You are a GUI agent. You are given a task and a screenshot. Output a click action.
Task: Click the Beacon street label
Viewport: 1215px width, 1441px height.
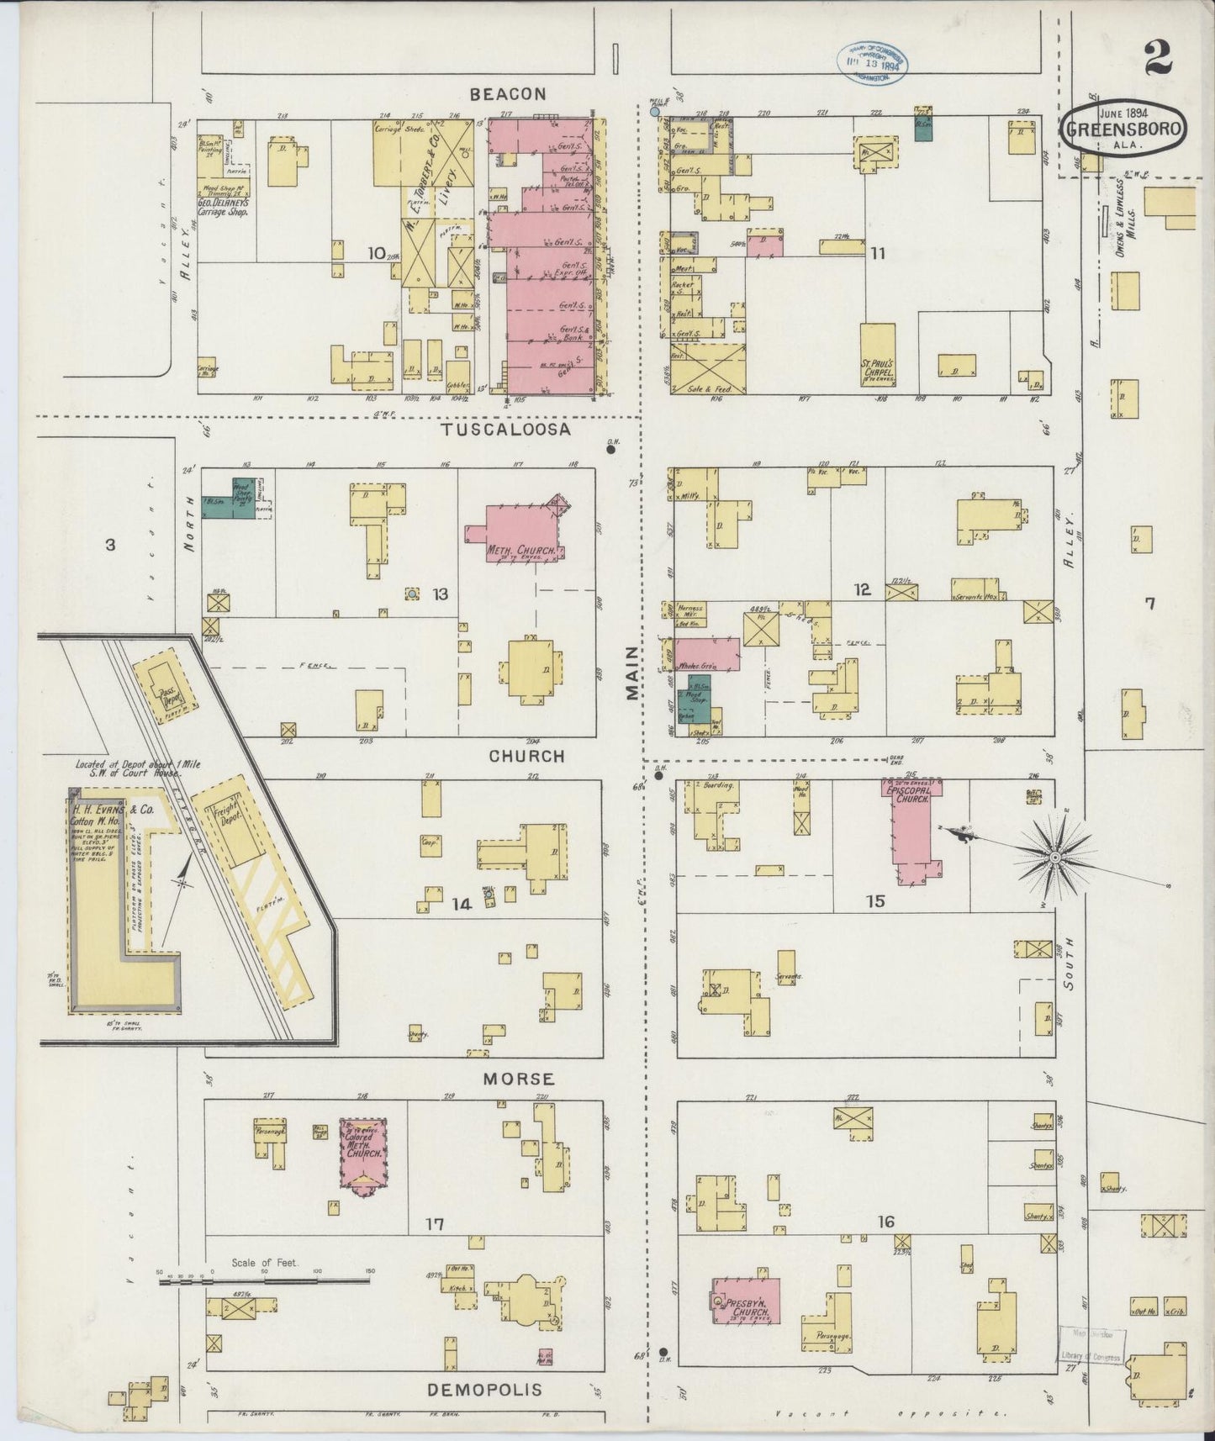[x=507, y=95]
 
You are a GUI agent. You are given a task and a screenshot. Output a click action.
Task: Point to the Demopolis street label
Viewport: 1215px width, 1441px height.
[x=484, y=1390]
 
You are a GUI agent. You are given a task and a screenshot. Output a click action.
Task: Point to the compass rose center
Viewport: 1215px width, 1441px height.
[x=1053, y=857]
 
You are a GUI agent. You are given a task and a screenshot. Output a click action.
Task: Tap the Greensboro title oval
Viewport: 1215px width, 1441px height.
[x=1123, y=129]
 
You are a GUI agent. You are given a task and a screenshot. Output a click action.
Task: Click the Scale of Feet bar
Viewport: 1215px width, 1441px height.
[x=265, y=1281]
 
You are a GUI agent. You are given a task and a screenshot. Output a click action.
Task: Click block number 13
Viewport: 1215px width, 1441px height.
[x=440, y=594]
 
